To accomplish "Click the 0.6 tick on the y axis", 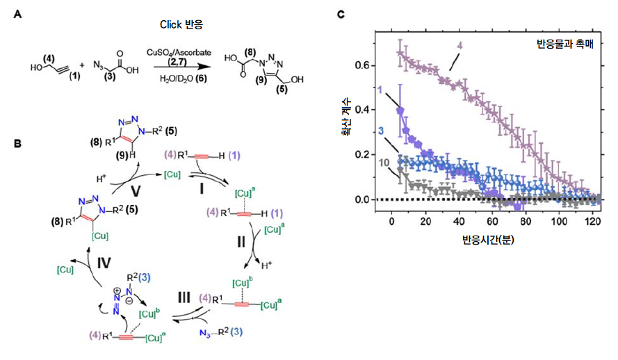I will (x=361, y=65).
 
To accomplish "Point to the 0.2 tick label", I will (x=361, y=155).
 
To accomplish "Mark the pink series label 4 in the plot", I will (x=460, y=47).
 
